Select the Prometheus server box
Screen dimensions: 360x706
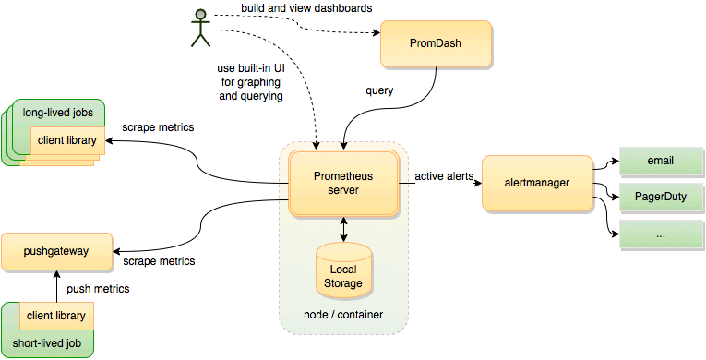coord(343,182)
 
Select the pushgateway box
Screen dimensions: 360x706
coord(56,249)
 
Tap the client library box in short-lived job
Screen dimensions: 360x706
coord(55,317)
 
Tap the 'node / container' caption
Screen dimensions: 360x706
coord(343,316)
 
